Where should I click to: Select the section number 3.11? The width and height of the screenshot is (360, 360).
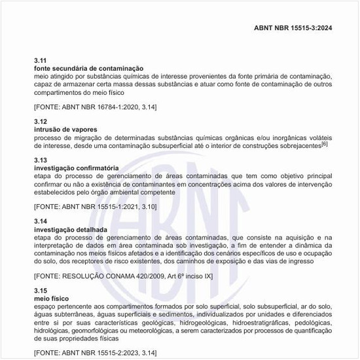pos(40,60)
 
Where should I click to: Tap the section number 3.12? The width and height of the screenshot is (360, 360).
pos(40,122)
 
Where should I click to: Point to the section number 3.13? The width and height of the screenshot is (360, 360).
pos(40,160)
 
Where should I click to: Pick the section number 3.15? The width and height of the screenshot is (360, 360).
pos(40,290)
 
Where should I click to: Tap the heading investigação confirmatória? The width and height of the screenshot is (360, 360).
pos(76,168)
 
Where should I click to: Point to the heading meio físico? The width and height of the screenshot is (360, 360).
pos(51,298)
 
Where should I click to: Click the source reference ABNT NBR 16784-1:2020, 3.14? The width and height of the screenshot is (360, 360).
pos(95,106)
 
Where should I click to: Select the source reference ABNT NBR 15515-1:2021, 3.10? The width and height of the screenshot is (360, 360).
pos(95,207)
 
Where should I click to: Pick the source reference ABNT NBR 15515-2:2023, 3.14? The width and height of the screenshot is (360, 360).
pos(95,352)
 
